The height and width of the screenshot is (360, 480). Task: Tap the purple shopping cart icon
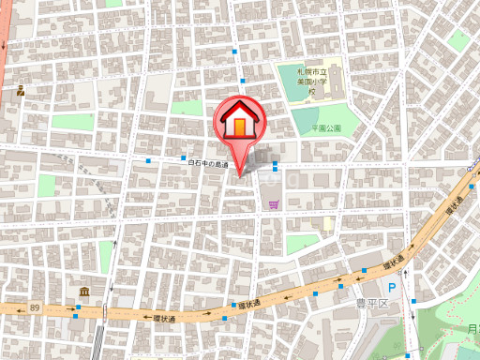[273, 204]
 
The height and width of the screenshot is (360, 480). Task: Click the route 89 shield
[36, 307]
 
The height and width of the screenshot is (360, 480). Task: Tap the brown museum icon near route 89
[84, 292]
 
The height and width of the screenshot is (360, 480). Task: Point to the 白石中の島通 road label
[208, 164]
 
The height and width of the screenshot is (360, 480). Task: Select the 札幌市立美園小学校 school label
[311, 82]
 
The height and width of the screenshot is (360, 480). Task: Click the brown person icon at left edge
[20, 91]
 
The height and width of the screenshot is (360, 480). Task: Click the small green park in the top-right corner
[458, 39]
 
